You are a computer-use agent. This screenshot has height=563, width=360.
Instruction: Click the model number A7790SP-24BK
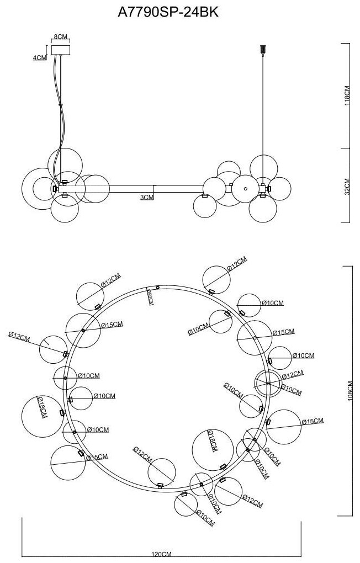click(168, 13)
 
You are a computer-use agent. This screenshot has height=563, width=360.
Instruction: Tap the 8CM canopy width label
click(60, 36)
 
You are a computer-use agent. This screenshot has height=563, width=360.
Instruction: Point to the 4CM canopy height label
click(40, 57)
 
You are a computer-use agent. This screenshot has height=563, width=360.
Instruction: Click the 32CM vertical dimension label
click(347, 187)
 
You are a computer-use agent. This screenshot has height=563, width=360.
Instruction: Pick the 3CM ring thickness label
click(147, 197)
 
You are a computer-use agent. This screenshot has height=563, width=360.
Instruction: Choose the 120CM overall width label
click(162, 554)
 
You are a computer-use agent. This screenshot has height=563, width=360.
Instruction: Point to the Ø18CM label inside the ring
click(212, 442)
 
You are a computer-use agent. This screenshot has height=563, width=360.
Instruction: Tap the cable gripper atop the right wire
click(262, 50)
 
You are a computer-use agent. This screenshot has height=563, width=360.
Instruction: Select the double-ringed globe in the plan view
click(267, 383)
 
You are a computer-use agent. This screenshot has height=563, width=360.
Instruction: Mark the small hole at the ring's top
click(158, 288)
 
